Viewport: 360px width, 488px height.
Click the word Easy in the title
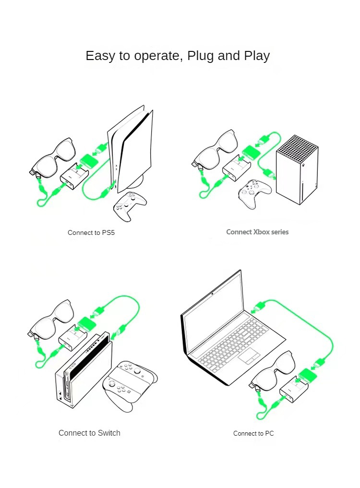[100, 56]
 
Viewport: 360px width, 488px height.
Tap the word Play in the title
[257, 56]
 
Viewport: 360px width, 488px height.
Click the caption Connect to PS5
[91, 232]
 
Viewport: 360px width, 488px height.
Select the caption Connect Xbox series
[257, 232]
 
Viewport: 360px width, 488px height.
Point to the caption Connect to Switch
[89, 433]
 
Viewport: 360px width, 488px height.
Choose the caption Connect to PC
[253, 433]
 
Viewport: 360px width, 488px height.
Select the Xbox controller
[255, 193]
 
